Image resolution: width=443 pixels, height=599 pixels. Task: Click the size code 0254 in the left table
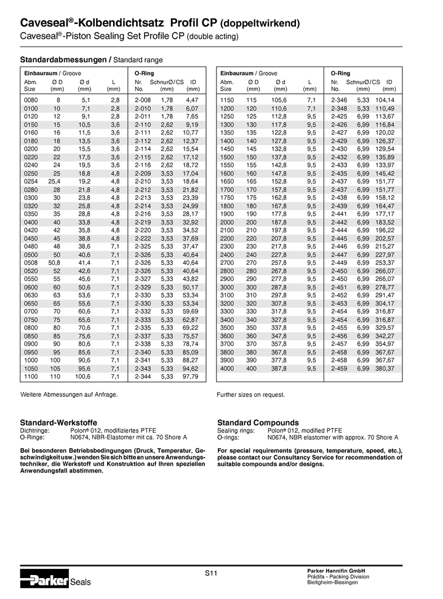31,182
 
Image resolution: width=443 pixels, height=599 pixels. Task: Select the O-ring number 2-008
143,100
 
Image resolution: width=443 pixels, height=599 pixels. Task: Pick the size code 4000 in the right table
227,369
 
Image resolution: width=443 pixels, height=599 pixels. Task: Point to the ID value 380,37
385,369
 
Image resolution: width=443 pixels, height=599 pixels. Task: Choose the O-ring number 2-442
340,221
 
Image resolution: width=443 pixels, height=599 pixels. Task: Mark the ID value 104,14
385,100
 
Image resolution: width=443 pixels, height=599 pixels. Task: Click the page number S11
212,573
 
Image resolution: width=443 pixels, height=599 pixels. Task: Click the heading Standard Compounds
258,423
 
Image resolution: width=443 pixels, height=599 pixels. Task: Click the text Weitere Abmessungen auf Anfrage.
69,394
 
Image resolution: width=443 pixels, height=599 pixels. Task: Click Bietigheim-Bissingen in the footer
333,582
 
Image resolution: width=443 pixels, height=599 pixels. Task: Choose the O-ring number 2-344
143,376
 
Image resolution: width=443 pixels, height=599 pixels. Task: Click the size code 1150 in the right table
227,100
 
